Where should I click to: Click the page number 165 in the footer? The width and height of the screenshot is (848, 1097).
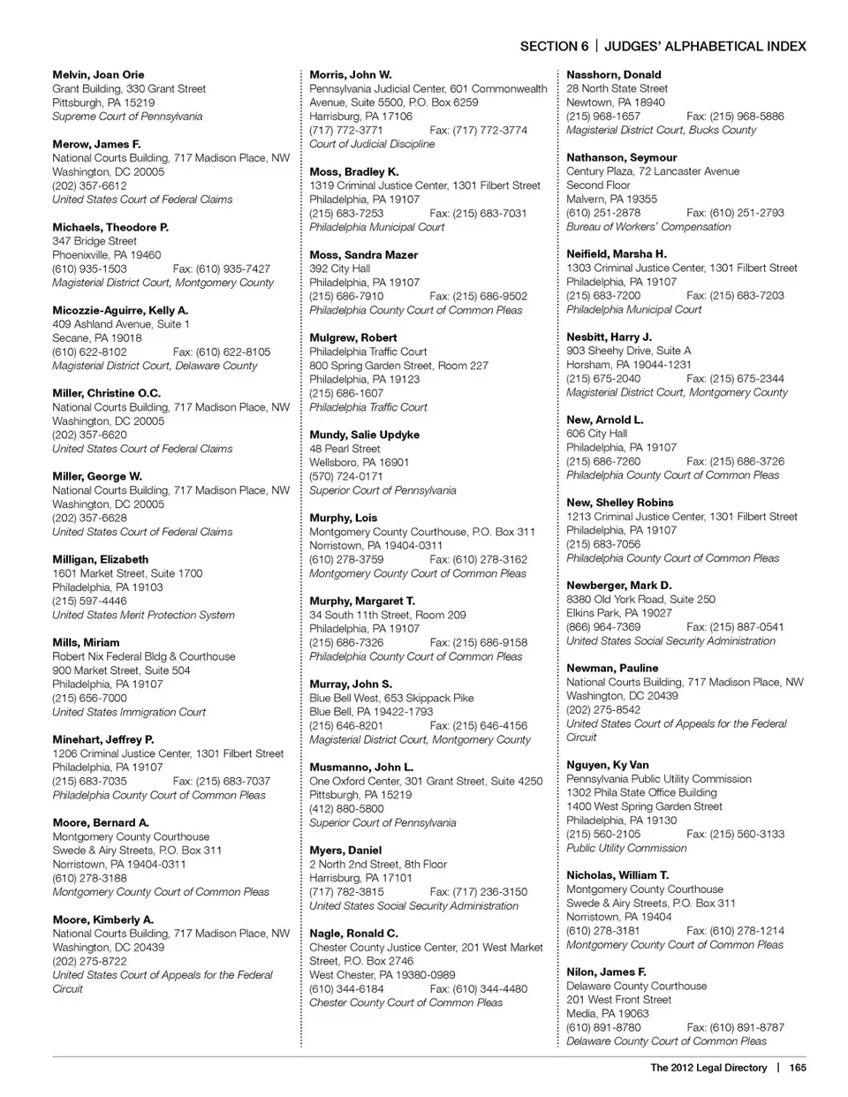[x=798, y=1068]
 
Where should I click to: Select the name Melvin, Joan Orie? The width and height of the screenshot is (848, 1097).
[x=98, y=75]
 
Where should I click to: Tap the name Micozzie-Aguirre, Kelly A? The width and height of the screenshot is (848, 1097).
[x=120, y=311]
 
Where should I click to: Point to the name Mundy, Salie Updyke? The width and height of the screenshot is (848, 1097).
[x=365, y=435]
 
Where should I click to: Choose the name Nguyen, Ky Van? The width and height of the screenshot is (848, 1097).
[x=608, y=765]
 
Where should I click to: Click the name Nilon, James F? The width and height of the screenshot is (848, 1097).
[x=606, y=972]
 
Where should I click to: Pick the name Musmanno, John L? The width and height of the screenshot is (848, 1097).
[x=361, y=768]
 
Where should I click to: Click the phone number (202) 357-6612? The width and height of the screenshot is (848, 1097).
[x=89, y=186]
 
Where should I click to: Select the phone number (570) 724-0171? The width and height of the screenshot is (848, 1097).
[x=346, y=477]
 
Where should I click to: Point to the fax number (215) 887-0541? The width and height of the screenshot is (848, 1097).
[x=735, y=627]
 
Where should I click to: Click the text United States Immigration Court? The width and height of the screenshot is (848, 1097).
[x=129, y=712]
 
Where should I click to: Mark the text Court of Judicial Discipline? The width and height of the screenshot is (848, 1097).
[x=372, y=144]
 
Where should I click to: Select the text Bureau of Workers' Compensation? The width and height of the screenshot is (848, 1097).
[x=648, y=227]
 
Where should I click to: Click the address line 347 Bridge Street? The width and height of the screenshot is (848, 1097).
[x=95, y=241]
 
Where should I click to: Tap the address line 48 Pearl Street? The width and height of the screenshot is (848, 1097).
[x=344, y=449]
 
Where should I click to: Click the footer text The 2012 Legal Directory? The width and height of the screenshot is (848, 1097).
[x=708, y=1068]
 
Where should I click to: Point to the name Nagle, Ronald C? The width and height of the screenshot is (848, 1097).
[x=353, y=934]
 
